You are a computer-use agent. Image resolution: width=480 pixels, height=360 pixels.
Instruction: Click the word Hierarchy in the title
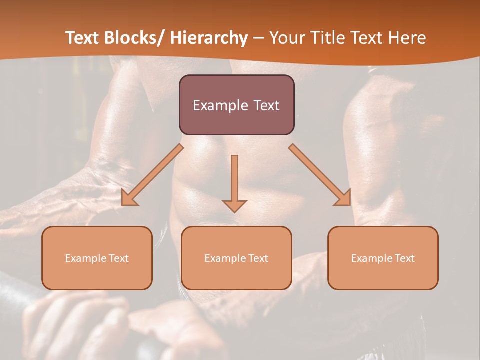(x=209, y=38)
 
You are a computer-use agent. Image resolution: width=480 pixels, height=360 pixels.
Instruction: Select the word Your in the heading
(x=285, y=38)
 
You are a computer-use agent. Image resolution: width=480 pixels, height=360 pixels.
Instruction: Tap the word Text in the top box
(x=266, y=105)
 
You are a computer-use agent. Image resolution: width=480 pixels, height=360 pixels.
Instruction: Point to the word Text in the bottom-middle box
(x=258, y=258)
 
